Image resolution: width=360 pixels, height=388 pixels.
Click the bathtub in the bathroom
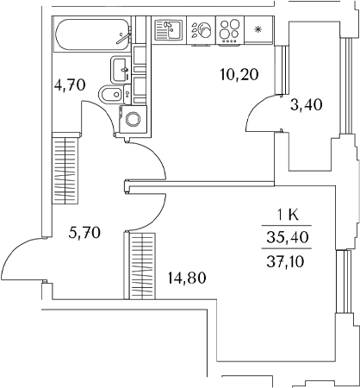(x=92, y=34)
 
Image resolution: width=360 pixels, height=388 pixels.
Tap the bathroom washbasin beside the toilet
(x=120, y=70)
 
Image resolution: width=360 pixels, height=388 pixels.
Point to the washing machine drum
(x=133, y=119)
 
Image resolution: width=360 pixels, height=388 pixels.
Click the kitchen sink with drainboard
(x=169, y=29)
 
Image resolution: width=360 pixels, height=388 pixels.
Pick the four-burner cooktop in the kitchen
(x=229, y=30)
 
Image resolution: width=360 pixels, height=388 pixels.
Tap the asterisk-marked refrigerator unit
(x=258, y=30)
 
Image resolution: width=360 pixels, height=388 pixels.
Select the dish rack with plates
(x=202, y=30)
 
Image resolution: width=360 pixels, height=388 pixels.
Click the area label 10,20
(x=239, y=75)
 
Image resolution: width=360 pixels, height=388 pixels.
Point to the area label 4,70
(x=70, y=84)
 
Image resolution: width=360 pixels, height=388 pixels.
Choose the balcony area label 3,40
(x=307, y=104)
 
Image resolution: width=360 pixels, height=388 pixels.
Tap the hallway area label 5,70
(x=84, y=233)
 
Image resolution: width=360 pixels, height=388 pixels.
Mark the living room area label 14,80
(x=187, y=278)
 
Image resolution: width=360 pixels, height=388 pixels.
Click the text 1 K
(x=288, y=216)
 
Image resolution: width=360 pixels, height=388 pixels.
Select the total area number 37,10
(x=285, y=262)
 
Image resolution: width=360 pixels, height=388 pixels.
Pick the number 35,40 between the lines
(x=288, y=237)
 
